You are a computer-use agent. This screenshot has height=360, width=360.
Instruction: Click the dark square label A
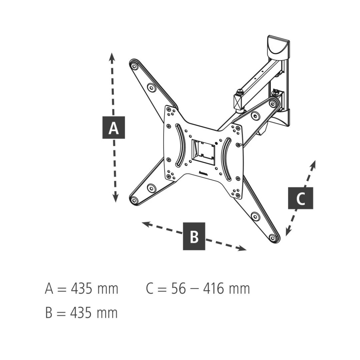113,128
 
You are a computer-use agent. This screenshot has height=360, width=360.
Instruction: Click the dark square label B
194,236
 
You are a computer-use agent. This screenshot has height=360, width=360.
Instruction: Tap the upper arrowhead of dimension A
112,57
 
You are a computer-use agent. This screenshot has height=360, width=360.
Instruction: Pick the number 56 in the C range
178,289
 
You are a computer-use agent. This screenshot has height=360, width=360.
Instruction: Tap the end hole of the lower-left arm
134,200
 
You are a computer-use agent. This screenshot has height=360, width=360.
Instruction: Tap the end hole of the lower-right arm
273,238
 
